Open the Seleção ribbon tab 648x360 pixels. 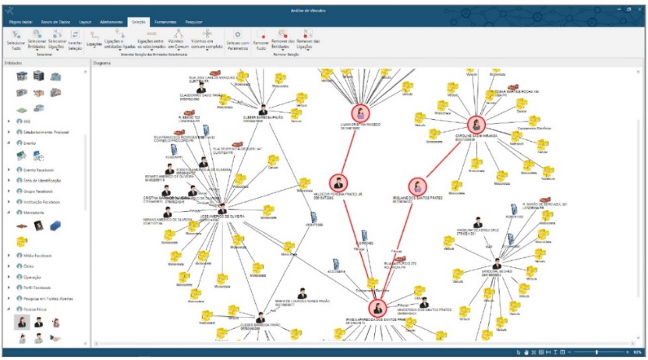click(138, 23)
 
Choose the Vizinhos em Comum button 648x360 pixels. click(179, 39)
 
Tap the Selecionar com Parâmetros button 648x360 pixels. click(237, 39)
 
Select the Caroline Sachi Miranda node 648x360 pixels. click(477, 125)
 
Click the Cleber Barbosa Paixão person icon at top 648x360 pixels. click(262, 110)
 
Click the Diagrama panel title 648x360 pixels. click(102, 62)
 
